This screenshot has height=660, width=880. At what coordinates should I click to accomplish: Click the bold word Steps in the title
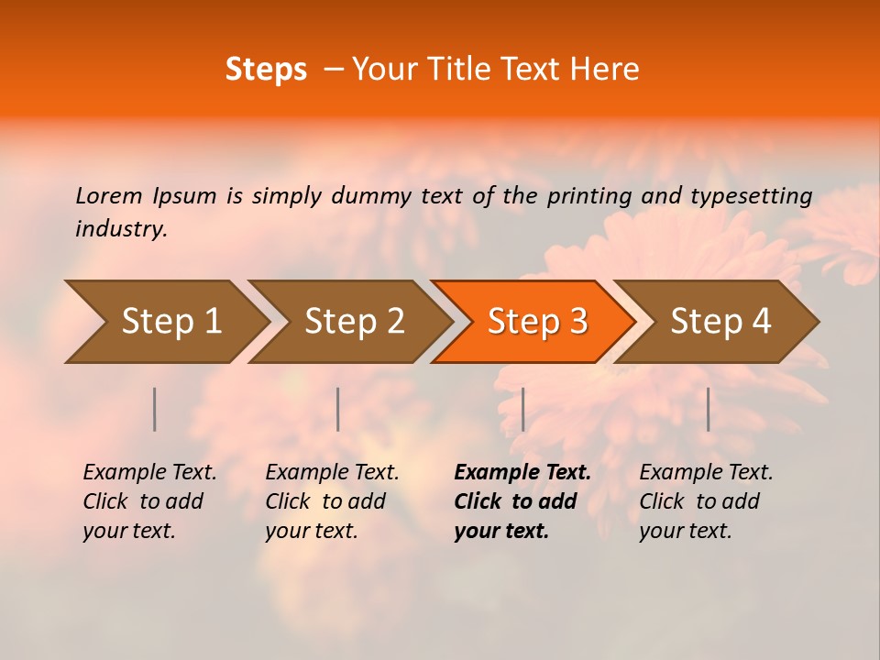(x=266, y=70)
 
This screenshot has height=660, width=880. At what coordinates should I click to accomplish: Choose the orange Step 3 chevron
(x=537, y=322)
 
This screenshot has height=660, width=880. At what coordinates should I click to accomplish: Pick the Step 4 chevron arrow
(x=720, y=322)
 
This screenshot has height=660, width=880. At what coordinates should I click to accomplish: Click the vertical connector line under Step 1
(x=155, y=409)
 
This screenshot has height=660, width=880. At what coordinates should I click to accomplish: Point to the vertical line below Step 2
(x=338, y=409)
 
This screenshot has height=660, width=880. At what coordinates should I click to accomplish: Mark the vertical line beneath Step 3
(x=522, y=409)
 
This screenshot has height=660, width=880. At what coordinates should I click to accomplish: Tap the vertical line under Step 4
(x=708, y=409)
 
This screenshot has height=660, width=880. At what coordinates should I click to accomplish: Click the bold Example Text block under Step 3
(x=522, y=501)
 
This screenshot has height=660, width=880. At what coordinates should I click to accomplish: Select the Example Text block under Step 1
(x=149, y=501)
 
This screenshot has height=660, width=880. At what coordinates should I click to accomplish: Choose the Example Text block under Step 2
(x=332, y=501)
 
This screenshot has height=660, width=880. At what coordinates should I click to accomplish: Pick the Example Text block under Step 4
(x=706, y=501)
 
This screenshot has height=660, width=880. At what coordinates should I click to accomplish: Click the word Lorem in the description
(x=109, y=196)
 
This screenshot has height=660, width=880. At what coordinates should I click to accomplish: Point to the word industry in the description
(x=120, y=229)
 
